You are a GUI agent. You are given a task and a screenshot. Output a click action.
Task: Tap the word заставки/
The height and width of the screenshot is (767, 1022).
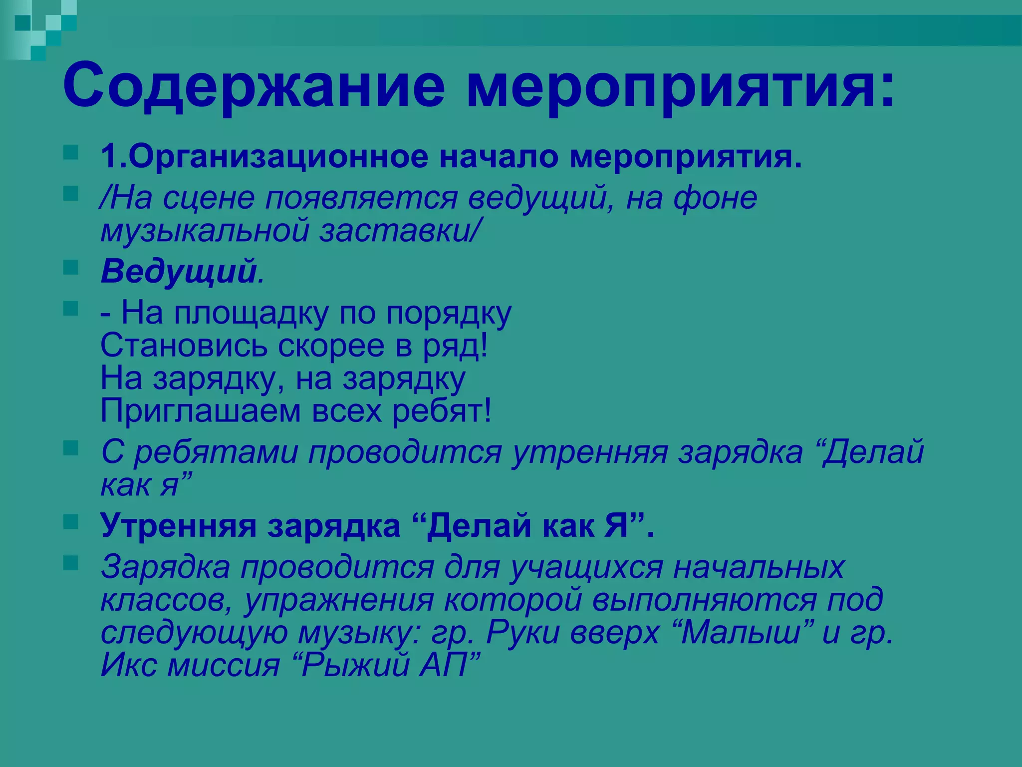400,231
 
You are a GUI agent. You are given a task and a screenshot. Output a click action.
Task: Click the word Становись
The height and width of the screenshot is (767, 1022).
184,346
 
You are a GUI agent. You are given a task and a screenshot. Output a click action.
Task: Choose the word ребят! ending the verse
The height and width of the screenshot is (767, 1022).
442,411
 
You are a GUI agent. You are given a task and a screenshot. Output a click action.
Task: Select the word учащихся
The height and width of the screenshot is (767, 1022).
586,567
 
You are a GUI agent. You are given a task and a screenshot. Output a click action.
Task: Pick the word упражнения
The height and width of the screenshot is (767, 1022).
339,600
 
